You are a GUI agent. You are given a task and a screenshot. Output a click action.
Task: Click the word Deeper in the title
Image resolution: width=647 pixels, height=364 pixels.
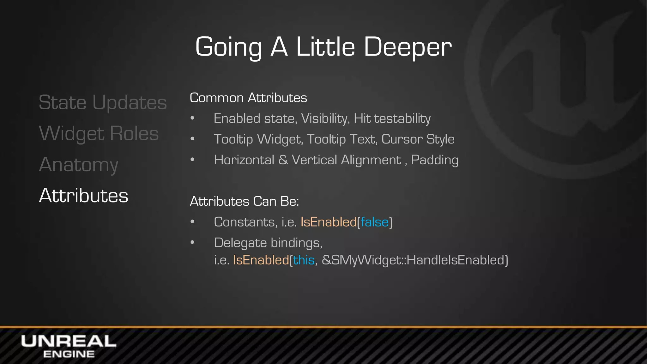tap(408, 47)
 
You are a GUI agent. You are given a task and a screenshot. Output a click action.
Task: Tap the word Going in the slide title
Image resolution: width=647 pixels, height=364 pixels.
tap(228, 47)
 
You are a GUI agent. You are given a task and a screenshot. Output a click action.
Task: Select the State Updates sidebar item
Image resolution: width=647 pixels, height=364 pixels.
tap(103, 103)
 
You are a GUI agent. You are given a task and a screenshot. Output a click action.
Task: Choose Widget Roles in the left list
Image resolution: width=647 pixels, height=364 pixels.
tap(99, 134)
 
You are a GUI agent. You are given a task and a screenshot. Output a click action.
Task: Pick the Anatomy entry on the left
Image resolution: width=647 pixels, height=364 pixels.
tap(79, 165)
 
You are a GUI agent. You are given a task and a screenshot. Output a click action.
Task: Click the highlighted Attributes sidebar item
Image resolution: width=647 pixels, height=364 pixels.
tap(84, 196)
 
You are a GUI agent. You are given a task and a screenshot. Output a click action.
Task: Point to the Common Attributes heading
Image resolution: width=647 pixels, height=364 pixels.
tap(248, 98)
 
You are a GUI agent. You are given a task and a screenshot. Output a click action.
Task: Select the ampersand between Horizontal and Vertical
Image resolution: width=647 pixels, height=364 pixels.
tap(283, 160)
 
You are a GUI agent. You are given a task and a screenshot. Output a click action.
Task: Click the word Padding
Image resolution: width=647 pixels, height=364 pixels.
tap(434, 160)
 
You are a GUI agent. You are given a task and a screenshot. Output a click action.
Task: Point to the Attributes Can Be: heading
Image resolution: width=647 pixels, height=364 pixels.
tap(244, 201)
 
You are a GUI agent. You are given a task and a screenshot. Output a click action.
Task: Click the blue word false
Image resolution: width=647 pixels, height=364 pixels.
tap(374, 222)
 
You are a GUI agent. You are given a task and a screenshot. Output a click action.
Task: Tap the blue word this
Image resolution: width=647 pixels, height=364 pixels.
tap(304, 260)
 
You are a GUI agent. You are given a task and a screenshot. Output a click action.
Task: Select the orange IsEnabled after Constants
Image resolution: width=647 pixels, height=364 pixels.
tap(329, 222)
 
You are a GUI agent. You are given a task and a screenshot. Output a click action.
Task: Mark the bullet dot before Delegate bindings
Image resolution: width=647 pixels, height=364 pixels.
tap(192, 242)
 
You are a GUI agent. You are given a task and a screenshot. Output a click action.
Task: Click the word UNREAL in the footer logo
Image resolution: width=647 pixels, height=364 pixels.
tap(69, 342)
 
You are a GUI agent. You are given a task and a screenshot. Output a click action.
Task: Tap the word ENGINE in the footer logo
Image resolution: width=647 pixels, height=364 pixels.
tap(69, 354)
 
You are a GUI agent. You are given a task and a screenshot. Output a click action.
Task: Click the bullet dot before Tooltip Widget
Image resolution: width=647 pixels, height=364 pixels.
tap(192, 139)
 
